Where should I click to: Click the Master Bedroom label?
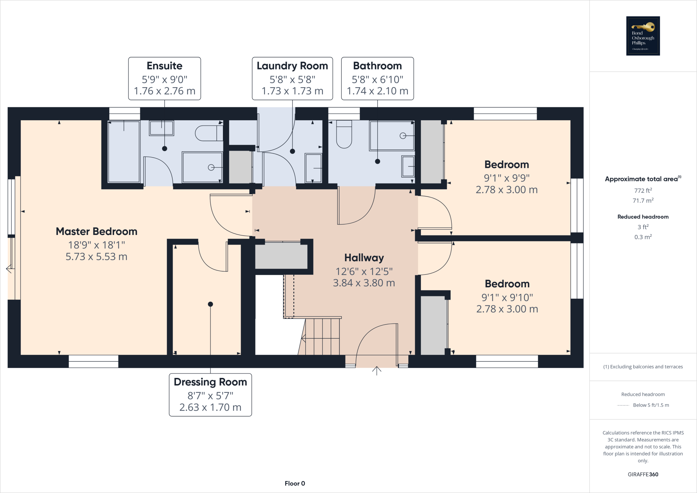(x=96, y=232)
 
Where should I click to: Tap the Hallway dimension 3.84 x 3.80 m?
(x=364, y=283)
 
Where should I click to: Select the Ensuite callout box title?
(x=164, y=66)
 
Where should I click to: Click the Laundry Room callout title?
(x=292, y=66)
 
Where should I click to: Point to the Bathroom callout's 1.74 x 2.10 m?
(x=377, y=91)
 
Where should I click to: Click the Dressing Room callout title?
(x=210, y=382)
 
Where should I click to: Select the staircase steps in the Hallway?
(x=322, y=336)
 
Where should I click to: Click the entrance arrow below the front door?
(x=376, y=371)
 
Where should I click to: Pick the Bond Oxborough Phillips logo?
(x=643, y=36)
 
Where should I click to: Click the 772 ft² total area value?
(x=643, y=191)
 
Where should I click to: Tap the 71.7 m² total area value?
(x=643, y=201)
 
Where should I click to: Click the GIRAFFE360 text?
(x=643, y=474)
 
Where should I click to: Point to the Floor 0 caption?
(x=295, y=483)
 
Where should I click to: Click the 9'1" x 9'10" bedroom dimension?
(x=507, y=298)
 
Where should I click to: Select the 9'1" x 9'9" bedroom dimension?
(x=506, y=178)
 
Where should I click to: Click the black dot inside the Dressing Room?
(x=210, y=304)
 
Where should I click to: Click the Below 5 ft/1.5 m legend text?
(x=651, y=405)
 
